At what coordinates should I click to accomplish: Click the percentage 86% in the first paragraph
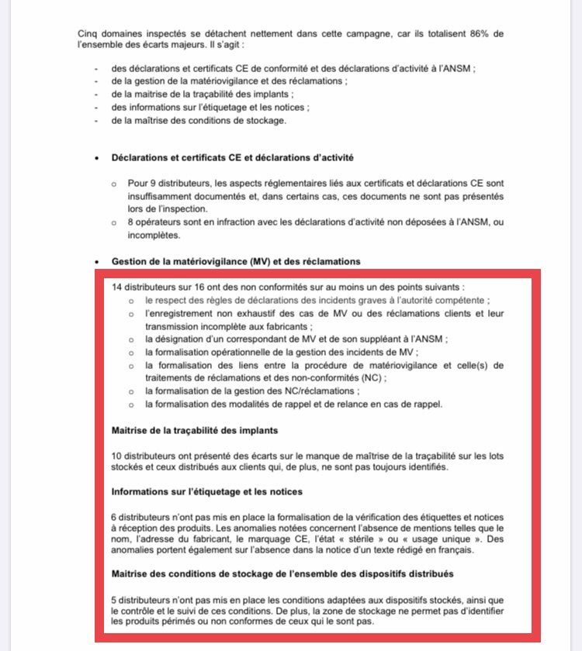[481, 34]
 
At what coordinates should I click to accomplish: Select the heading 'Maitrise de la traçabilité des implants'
[195, 429]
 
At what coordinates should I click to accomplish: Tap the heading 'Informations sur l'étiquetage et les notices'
[207, 491]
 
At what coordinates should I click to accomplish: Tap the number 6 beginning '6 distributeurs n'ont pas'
[115, 517]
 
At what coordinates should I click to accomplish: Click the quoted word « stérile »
[352, 539]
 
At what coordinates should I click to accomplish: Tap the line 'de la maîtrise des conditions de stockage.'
[198, 120]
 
